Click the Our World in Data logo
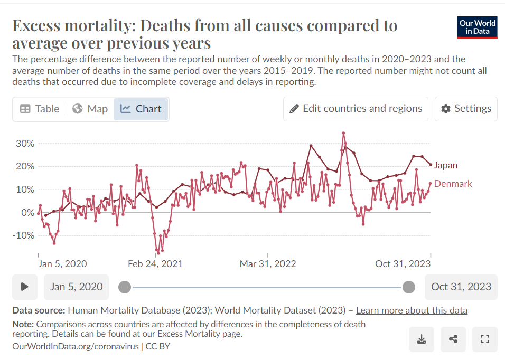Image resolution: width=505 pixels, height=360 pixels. tap(478, 27)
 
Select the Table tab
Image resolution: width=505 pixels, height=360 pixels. tap(40, 109)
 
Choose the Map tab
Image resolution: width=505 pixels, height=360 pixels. tap(90, 109)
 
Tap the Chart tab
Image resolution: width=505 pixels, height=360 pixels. tap(141, 109)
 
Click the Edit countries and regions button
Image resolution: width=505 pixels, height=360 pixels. tap(356, 109)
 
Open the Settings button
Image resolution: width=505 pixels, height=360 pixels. tap(466, 109)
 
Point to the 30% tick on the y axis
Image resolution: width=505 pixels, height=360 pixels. tap(24, 144)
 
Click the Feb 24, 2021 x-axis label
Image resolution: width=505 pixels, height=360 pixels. tap(155, 263)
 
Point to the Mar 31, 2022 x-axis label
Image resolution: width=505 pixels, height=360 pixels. tap(268, 263)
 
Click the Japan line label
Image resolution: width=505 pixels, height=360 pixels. tap(445, 165)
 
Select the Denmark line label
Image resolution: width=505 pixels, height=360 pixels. tap(453, 184)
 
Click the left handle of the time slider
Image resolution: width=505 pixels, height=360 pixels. tap(125, 287)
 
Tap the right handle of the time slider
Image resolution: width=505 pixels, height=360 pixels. tap(408, 287)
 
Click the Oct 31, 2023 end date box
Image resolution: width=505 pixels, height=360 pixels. tap(461, 287)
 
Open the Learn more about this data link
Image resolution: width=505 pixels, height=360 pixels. tap(412, 310)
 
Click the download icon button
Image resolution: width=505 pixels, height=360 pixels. tap(422, 339)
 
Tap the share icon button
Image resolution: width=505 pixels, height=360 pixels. tap(453, 339)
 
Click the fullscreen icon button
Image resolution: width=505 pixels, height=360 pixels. tap(484, 339)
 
